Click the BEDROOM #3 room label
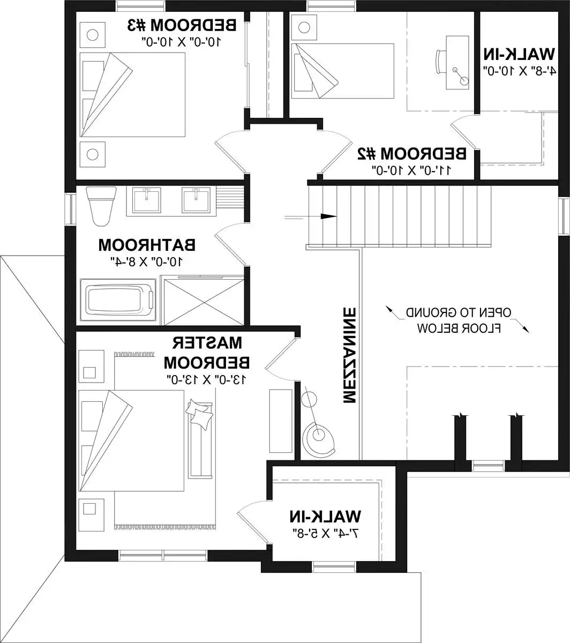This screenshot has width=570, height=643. coord(182,25)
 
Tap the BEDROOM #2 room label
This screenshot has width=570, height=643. coord(412,154)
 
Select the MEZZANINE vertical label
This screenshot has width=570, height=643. coord(349,355)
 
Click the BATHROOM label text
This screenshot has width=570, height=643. coord(147,245)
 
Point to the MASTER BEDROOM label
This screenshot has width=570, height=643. coord(207,353)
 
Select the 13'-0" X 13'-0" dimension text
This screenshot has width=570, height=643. coord(207,379)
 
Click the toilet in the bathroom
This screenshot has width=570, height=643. coord(101,206)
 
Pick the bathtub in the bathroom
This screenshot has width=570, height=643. coord(118,300)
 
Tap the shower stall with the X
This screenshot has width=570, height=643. coord(202,300)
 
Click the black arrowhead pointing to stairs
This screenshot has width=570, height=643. coord(328,216)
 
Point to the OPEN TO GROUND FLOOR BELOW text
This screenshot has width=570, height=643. coord(459,320)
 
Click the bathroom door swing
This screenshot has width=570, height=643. coord(230,244)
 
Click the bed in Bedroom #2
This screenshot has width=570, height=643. coord(343,71)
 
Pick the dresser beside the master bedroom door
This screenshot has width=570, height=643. coord(281,421)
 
